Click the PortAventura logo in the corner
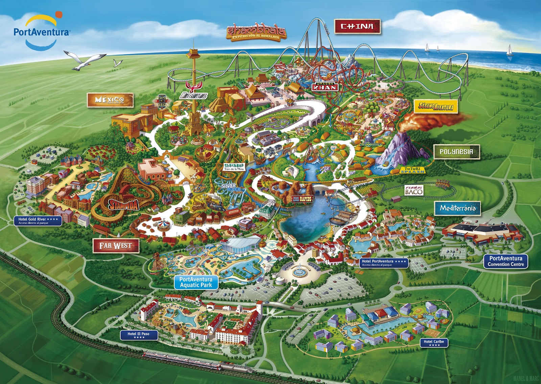[x=41, y=31]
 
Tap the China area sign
[x=357, y=26]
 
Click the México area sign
[x=110, y=100]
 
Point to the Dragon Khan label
[x=325, y=86]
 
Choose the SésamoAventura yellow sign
[x=436, y=106]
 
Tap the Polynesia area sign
[x=456, y=152]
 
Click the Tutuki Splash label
[x=413, y=170]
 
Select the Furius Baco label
[x=414, y=190]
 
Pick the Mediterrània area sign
[x=457, y=208]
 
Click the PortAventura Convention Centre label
[x=506, y=261]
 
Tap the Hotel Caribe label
[x=434, y=343]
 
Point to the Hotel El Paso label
[x=138, y=335]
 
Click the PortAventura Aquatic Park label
[x=196, y=282]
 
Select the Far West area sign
[x=115, y=246]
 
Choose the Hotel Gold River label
[x=38, y=221]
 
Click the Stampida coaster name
[x=124, y=204]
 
